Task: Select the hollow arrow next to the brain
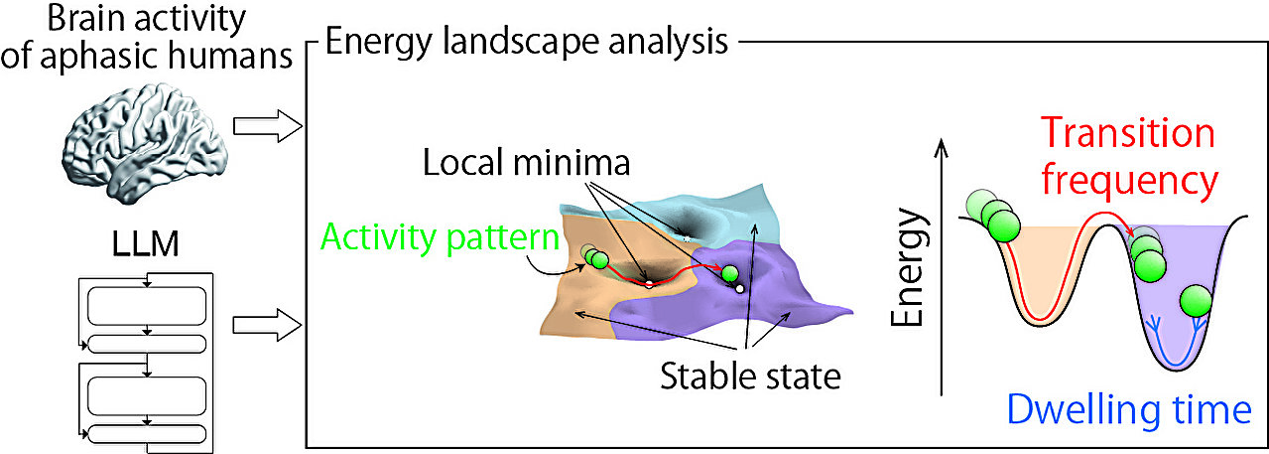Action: [267, 126]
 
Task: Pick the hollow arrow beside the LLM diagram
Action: [267, 323]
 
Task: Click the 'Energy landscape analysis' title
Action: [528, 43]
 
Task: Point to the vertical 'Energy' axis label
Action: [908, 267]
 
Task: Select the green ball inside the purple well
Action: [1196, 302]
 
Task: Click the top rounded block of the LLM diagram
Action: [146, 304]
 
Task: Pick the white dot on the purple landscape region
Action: [739, 289]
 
